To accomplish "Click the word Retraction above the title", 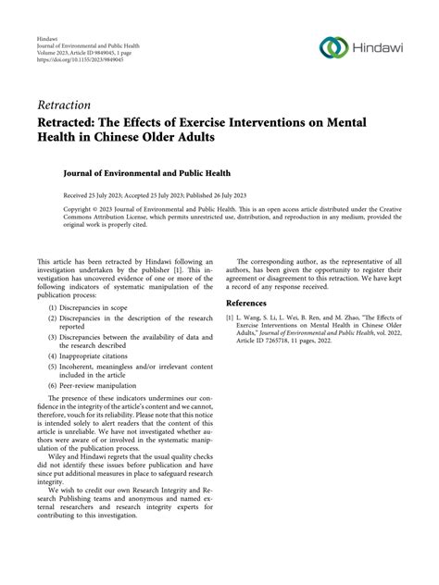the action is [x=64, y=105].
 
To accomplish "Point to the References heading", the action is [x=253, y=303].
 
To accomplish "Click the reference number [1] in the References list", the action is [x=231, y=317].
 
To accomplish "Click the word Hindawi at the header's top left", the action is [x=46, y=37].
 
